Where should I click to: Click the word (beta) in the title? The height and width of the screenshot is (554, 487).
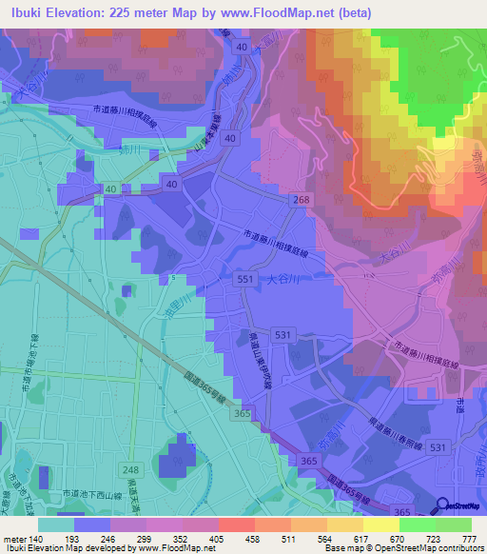click(352, 10)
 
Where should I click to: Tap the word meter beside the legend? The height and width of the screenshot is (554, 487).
click(14, 538)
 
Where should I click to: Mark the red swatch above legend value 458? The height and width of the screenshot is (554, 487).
click(233, 524)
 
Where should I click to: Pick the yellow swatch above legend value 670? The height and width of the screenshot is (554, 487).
click(378, 524)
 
